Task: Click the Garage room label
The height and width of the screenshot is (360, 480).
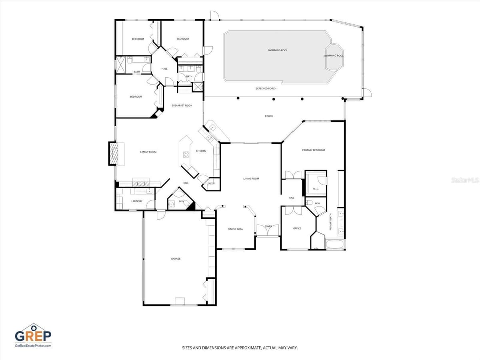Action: (176, 259)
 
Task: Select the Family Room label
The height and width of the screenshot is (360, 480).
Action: (148, 152)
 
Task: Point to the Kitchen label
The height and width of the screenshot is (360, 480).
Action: (201, 151)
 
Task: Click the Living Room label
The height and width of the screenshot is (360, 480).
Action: (251, 178)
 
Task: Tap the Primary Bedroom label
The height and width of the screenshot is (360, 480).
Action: (313, 150)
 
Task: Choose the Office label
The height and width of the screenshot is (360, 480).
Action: (297, 228)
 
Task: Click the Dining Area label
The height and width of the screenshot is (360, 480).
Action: (235, 229)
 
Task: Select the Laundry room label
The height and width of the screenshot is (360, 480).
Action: (137, 201)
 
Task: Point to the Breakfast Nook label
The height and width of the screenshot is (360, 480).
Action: (182, 106)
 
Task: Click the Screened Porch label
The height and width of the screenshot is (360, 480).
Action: (266, 88)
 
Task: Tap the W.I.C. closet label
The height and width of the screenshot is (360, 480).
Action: (316, 189)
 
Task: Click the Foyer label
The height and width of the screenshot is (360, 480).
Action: (268, 226)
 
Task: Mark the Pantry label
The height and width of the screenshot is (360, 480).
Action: (211, 184)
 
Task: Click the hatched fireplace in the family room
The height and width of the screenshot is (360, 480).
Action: (114, 154)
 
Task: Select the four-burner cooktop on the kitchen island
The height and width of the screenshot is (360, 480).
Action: (186, 155)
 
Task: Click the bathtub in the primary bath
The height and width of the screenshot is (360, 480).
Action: (334, 244)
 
